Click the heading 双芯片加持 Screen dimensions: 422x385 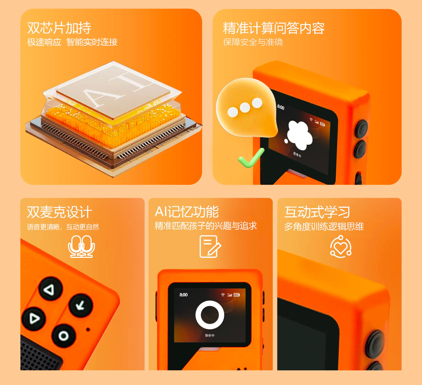click(59, 28)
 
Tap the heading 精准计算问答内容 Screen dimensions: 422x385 click(274, 28)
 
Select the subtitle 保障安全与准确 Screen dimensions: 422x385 click(253, 42)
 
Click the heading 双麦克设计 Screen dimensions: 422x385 click(59, 212)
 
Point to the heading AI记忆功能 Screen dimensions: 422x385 click(186, 212)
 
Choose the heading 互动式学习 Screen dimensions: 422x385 click(317, 212)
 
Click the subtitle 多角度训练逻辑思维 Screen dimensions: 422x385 click(324, 226)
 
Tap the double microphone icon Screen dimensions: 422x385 click(81, 246)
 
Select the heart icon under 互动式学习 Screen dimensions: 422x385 click(341, 247)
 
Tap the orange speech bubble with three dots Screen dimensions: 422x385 click(246, 107)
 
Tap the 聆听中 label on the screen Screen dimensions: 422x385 click(210, 336)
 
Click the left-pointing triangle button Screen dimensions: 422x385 click(50, 289)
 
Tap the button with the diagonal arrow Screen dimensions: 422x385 click(81, 305)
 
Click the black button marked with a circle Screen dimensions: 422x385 click(63, 336)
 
